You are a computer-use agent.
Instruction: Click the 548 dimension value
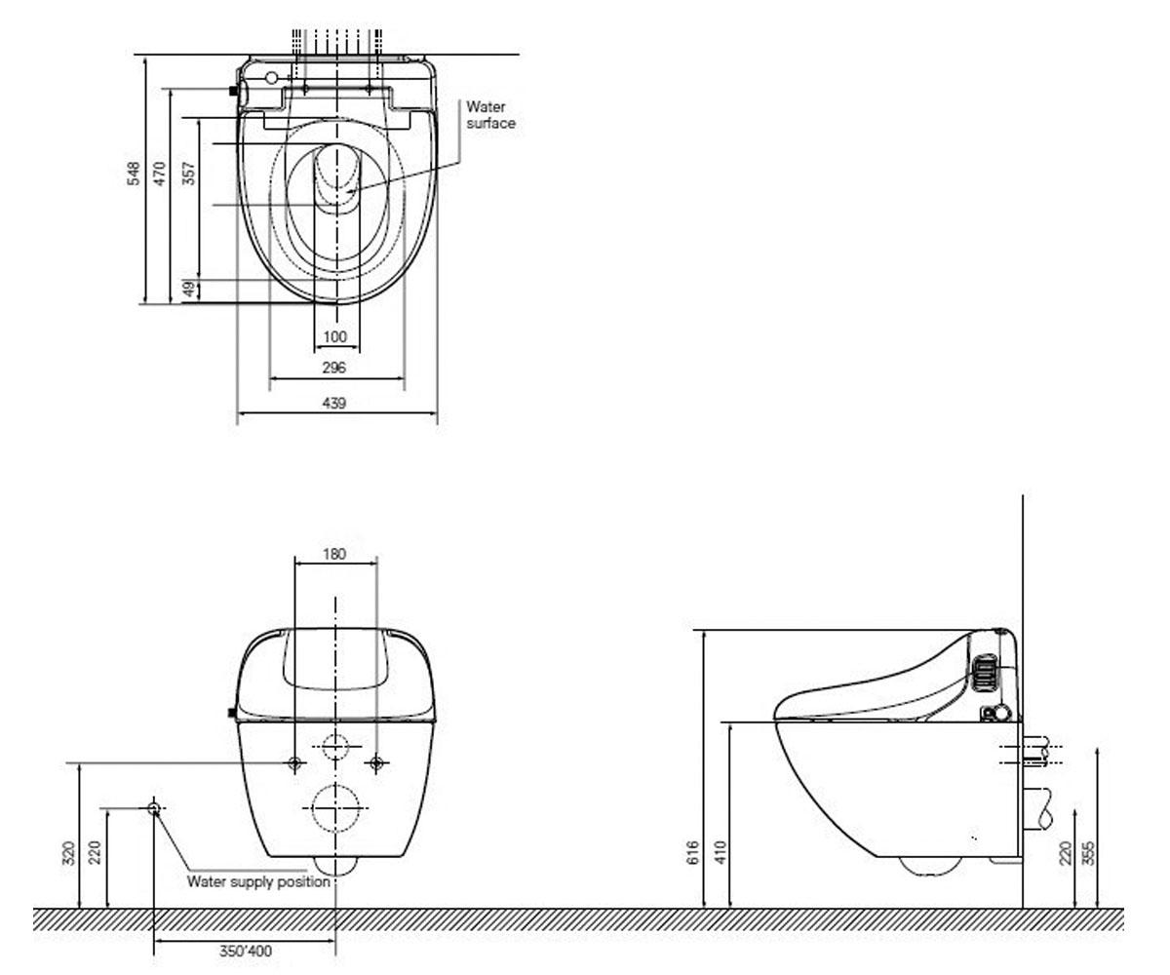coord(134,174)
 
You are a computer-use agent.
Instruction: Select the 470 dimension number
coord(160,174)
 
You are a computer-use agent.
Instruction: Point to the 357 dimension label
coord(190,174)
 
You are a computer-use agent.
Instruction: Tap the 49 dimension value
coord(190,290)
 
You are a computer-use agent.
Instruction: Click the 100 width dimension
coord(335,336)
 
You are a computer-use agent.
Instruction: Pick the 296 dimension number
coord(334,368)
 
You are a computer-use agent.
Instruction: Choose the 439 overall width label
coord(334,403)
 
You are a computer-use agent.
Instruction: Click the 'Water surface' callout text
coord(490,115)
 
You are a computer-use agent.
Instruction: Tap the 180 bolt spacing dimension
coord(334,554)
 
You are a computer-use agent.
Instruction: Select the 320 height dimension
coord(69,853)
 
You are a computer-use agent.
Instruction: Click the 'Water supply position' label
coord(259,881)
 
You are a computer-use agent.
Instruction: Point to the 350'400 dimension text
coord(246,951)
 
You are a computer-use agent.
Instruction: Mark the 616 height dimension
coord(693,852)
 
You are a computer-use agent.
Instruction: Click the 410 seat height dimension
coord(721,852)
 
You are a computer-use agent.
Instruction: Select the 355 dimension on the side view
coord(1088,853)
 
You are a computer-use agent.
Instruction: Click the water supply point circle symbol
coord(154,808)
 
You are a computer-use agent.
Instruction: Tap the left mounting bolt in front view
coord(295,762)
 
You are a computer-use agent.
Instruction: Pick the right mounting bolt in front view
coord(376,762)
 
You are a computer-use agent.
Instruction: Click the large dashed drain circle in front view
coord(335,785)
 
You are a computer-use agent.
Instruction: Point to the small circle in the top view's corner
coord(271,78)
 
